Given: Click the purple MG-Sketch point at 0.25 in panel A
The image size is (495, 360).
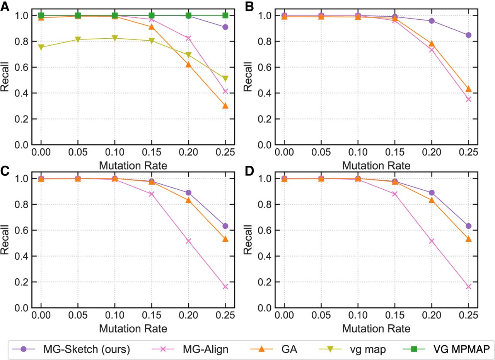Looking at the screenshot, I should [225, 27].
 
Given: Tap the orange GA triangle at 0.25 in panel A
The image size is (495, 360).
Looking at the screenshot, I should [225, 106].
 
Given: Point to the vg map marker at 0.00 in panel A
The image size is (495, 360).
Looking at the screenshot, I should [41, 47].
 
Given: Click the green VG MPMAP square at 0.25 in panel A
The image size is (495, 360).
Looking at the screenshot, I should [225, 15].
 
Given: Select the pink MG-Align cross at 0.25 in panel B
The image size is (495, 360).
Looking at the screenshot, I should [468, 99].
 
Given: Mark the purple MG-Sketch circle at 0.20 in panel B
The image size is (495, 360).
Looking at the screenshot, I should [432, 21].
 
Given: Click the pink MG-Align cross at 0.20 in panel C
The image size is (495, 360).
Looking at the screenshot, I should [188, 241].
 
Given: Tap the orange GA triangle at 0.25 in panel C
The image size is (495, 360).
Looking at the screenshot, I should [225, 239].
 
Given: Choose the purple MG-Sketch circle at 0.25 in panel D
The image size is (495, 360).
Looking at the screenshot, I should [468, 226].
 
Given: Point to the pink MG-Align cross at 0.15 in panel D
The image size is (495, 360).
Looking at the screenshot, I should [395, 194].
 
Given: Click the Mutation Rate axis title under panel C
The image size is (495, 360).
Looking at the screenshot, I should [133, 329].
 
